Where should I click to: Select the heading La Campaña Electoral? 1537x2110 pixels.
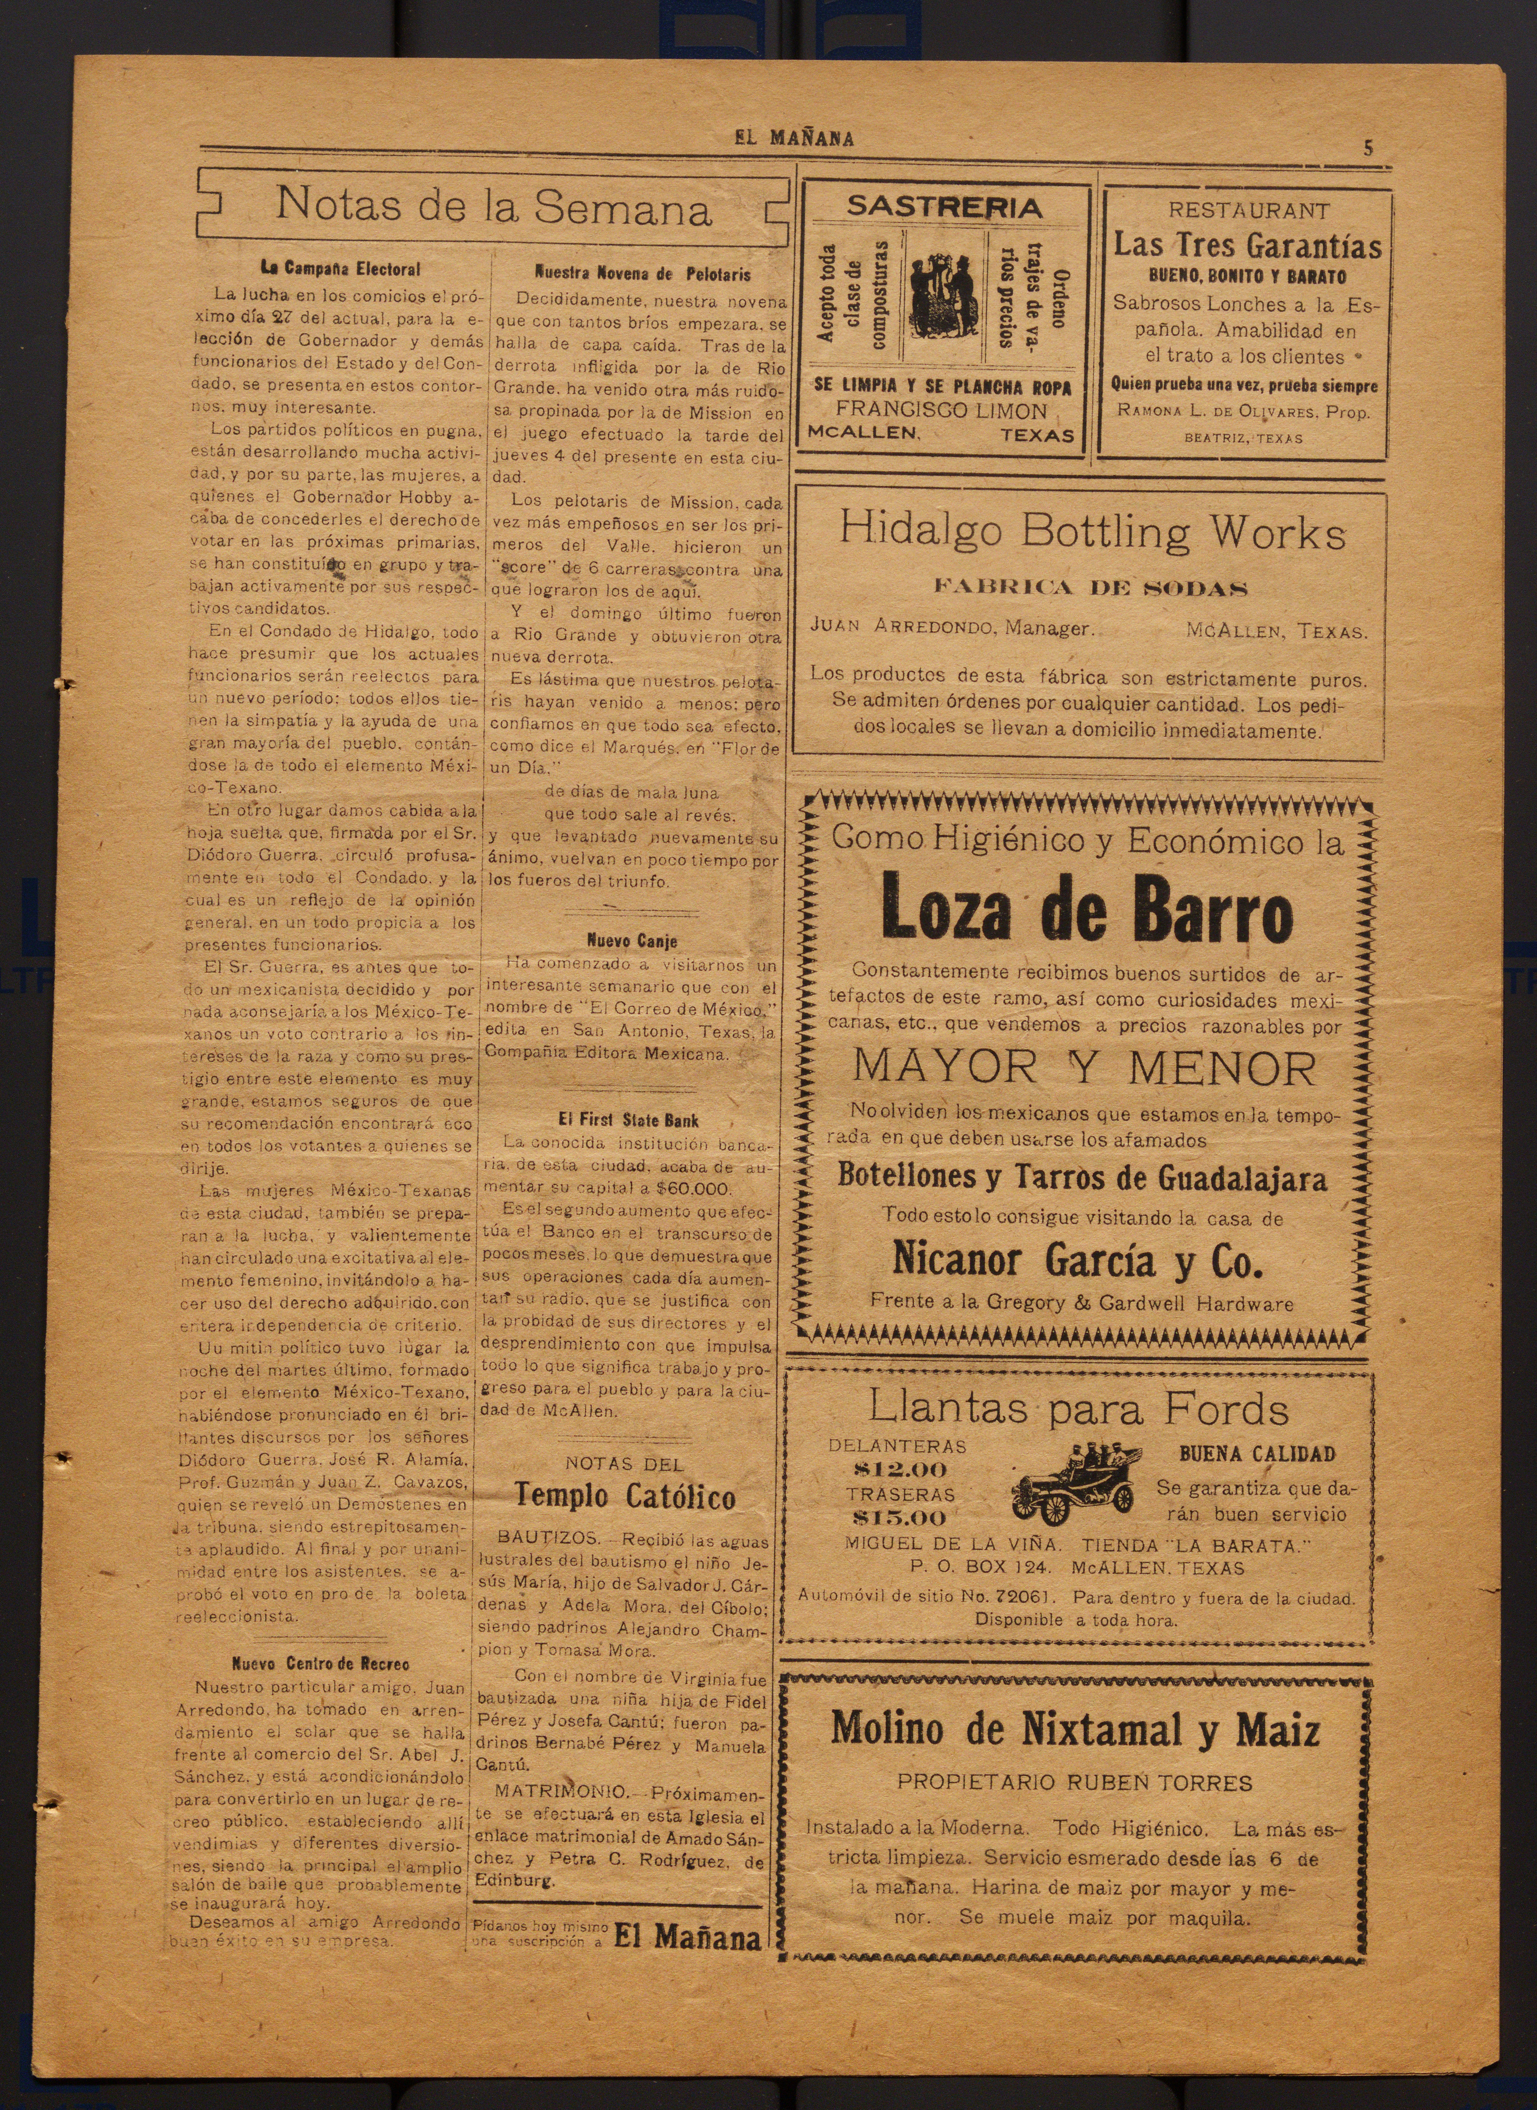pyautogui.click(x=341, y=270)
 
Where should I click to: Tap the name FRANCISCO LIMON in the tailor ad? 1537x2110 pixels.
pyautogui.click(x=941, y=410)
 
